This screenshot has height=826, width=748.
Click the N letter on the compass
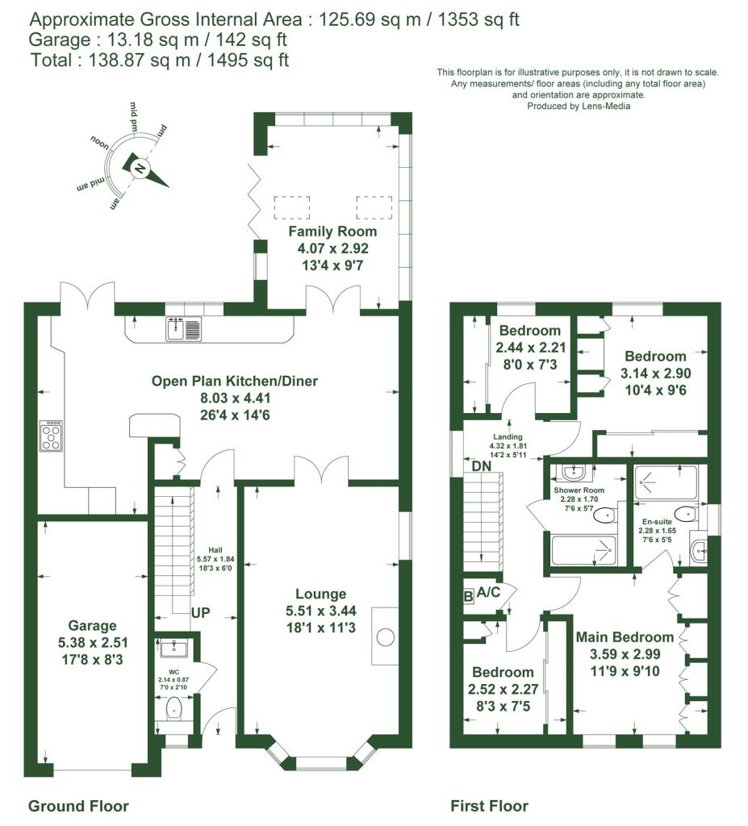[x=140, y=169]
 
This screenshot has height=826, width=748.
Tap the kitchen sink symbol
[x=184, y=329]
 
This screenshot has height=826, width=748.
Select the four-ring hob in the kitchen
[x=51, y=436]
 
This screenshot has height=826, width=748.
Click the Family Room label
[x=332, y=232]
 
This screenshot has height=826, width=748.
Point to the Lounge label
[x=320, y=594]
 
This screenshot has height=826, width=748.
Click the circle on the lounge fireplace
[x=386, y=637]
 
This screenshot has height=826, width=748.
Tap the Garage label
[x=92, y=626]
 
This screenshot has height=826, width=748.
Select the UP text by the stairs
[x=200, y=613]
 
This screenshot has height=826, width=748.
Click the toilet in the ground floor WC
[x=174, y=709]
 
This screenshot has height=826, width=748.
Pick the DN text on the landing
[x=481, y=466]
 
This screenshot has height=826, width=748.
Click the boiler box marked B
[x=468, y=597]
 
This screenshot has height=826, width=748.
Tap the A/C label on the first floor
[x=488, y=593]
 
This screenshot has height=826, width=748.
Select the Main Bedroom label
[x=625, y=637]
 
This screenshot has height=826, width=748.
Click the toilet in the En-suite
[x=686, y=514]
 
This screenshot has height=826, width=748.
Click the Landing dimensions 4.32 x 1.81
[x=508, y=445]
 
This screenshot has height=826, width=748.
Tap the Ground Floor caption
[x=78, y=806]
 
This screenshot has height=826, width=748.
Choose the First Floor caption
[x=489, y=806]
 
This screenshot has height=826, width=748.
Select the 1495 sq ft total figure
[x=248, y=60]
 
